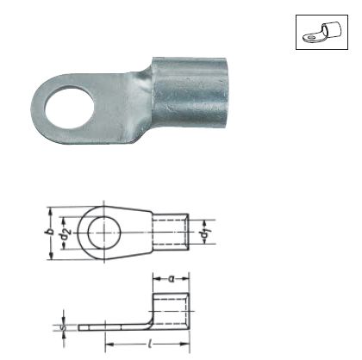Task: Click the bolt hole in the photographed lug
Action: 69,109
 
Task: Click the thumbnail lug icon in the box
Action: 322,33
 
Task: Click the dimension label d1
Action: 204,233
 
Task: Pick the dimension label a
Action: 172,278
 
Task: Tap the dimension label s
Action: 64,327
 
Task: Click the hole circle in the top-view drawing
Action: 104,233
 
